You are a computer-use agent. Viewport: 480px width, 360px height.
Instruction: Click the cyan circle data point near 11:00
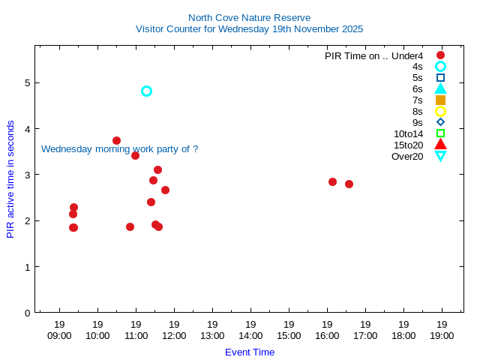coord(147,91)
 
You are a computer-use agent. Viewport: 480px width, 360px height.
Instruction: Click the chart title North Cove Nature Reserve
coord(249,17)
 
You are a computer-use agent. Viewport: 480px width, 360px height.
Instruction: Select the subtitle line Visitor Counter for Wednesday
coord(249,29)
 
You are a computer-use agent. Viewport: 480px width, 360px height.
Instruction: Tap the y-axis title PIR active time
coord(10,179)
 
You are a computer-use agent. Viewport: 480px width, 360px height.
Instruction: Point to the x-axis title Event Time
coord(250,352)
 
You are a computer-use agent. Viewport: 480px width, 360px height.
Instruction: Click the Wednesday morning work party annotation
coord(119,149)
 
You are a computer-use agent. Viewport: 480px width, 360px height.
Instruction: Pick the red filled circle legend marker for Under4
coord(441,55)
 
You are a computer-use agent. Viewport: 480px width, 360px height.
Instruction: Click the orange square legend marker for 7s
coord(441,100)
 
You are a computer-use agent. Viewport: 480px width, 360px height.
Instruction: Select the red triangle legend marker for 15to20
coord(441,145)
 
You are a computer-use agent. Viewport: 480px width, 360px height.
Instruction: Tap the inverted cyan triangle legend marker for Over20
coord(441,156)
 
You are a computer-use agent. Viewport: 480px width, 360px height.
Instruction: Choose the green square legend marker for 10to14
coord(441,133)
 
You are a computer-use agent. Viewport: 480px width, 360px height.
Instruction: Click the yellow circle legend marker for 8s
coord(441,112)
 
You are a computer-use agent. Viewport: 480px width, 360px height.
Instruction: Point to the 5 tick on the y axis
coord(27,82)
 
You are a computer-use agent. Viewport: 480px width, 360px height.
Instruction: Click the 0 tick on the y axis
coord(27,313)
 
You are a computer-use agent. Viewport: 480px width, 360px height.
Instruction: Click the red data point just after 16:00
coord(332,181)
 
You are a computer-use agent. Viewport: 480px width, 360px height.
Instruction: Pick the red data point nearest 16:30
coord(349,184)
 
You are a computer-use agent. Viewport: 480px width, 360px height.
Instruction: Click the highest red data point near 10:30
coord(116,140)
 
